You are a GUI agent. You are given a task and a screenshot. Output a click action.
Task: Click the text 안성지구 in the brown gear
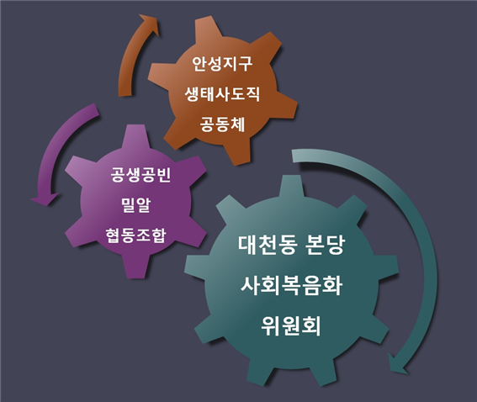tap(222, 64)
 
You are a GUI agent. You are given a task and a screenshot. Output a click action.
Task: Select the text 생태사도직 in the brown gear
tap(222, 94)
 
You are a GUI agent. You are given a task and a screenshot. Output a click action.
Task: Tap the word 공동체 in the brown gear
tap(222, 124)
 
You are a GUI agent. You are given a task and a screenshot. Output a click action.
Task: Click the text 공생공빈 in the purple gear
tap(140, 175)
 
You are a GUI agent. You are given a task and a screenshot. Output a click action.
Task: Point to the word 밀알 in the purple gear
tap(135, 205)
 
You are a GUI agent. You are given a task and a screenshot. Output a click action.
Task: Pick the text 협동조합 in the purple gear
tap(135, 235)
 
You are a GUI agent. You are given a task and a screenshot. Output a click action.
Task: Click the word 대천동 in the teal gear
tap(267, 245)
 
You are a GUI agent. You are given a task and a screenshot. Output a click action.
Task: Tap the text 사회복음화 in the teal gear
tap(291, 285)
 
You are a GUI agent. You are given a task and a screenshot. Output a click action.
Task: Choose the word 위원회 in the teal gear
tap(291, 325)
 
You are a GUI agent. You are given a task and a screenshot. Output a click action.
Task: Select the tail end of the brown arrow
tap(125, 93)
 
